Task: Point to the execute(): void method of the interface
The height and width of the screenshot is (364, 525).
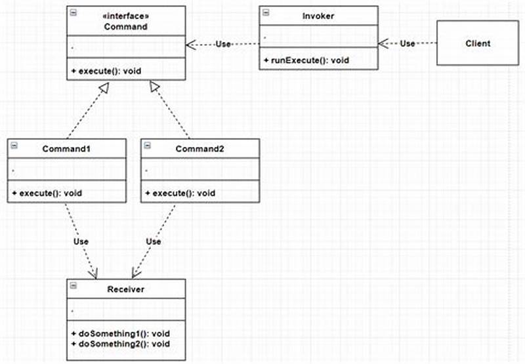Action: (110, 70)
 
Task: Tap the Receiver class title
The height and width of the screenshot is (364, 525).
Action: (125, 289)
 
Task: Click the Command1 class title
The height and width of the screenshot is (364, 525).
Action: (66, 149)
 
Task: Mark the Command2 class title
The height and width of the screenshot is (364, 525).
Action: (199, 149)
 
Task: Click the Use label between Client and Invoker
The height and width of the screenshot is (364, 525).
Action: (408, 44)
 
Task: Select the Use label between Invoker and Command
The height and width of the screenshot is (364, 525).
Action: (223, 44)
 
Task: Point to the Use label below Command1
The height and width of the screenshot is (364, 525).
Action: (81, 241)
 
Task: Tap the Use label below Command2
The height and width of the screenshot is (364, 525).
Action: (153, 241)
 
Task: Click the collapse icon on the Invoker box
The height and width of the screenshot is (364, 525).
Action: (264, 12)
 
